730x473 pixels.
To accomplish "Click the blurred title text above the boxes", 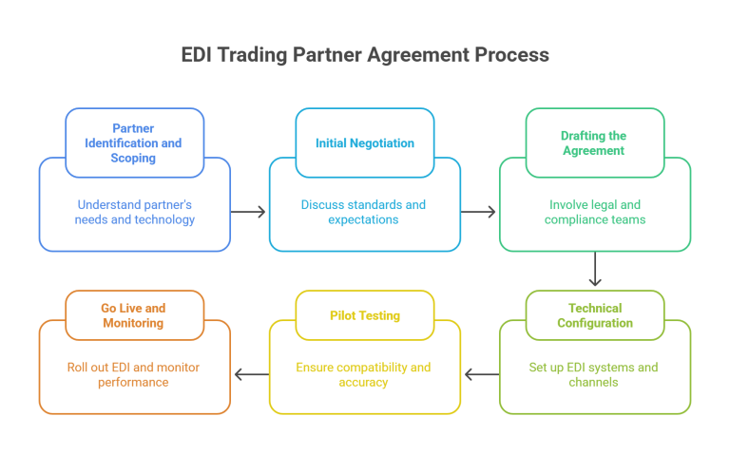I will point(366,59).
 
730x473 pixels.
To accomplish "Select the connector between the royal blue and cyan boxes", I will point(249,213).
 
